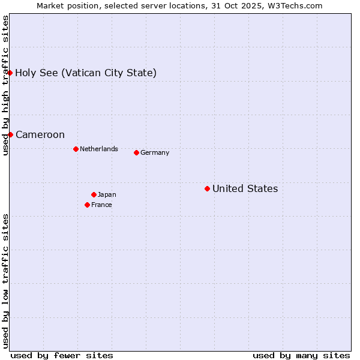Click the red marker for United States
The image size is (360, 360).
[x=207, y=189]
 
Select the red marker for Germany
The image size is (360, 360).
[x=136, y=152]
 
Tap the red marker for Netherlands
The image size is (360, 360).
[x=76, y=149]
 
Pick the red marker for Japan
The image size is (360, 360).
[x=94, y=194]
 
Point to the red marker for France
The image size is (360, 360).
[x=87, y=205]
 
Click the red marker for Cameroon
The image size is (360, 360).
[x=10, y=134]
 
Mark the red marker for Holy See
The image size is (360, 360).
[x=10, y=73]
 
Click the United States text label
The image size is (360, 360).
[x=245, y=189]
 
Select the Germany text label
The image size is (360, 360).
[x=155, y=152]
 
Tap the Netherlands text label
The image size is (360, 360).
[x=98, y=149]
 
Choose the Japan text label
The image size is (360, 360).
[x=107, y=194]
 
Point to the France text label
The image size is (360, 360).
[x=101, y=205]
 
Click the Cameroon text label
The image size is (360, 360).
[x=40, y=134]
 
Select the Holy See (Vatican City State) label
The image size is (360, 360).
[x=86, y=73]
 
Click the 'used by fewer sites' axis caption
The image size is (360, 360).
[x=62, y=355]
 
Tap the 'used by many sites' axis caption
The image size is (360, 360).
[x=301, y=355]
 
